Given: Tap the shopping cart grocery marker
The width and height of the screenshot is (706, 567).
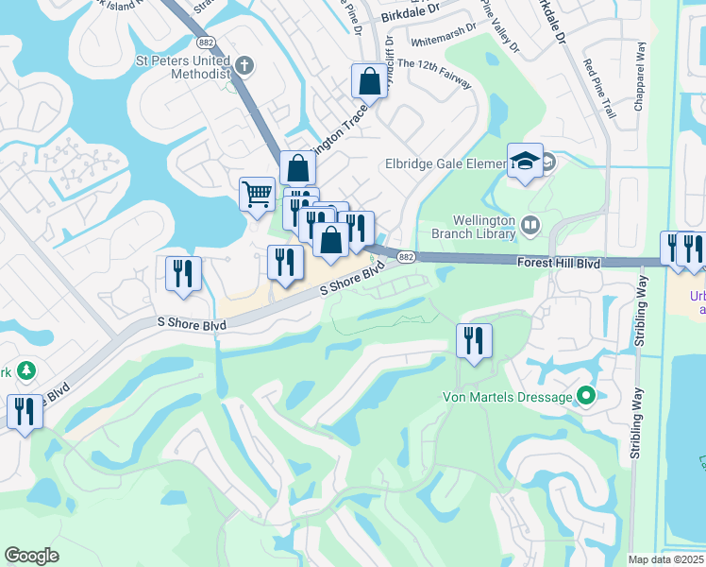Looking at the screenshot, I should coord(257,196).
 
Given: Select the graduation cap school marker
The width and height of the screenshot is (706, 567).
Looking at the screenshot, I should coord(525,162).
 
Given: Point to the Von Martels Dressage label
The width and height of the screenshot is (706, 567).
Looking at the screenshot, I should coord(508,397).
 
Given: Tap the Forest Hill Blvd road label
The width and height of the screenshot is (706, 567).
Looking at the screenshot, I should coord(559,265).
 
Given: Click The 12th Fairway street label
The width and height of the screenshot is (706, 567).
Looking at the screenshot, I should coord(434,75).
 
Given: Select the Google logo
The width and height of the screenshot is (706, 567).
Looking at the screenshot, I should coord(32,555).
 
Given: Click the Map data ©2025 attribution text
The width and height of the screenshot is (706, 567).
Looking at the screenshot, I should coord(665,559).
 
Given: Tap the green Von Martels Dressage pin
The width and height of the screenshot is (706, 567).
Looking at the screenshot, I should coord(586,397).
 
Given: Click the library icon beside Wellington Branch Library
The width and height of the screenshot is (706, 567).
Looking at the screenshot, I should coord(529,224).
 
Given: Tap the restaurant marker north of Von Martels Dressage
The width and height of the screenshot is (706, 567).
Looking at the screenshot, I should coord(473,340).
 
